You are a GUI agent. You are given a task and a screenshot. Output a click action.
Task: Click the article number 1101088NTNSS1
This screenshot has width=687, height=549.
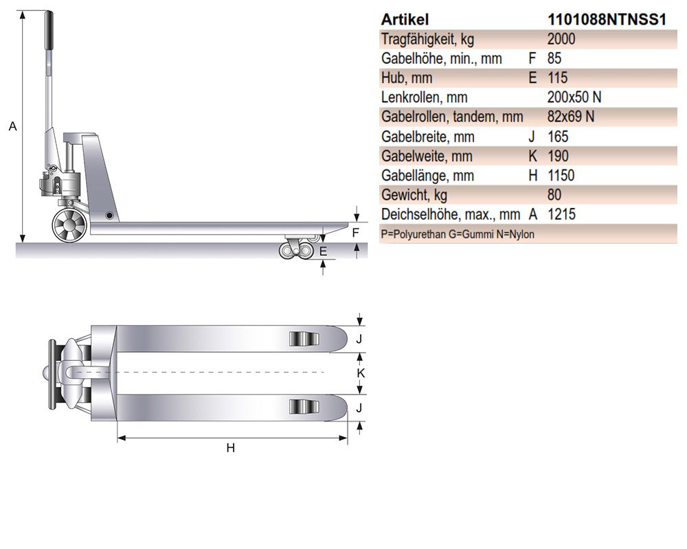[x=607, y=19]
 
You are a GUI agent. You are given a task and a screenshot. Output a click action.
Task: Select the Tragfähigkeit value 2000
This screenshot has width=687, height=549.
[x=561, y=39]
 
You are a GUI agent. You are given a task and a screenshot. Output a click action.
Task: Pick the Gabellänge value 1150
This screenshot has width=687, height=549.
[x=561, y=176]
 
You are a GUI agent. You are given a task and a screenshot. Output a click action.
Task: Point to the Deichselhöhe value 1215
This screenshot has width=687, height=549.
[x=561, y=215]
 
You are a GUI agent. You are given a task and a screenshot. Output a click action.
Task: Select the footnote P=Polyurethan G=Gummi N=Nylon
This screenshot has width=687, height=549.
[x=458, y=234]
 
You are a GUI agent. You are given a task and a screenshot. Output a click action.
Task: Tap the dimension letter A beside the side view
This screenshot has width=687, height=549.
[x=12, y=126]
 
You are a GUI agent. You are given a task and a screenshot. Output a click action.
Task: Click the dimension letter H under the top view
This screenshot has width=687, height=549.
[x=231, y=448]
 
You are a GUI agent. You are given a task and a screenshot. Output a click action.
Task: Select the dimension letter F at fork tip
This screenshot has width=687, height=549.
[x=355, y=233]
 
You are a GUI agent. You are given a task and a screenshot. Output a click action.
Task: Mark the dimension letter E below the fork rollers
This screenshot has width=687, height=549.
[x=323, y=251]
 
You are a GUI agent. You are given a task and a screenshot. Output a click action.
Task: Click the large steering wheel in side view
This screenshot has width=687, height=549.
[x=69, y=225]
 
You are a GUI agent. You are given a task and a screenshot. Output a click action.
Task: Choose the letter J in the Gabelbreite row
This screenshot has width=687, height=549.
[x=532, y=137]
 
